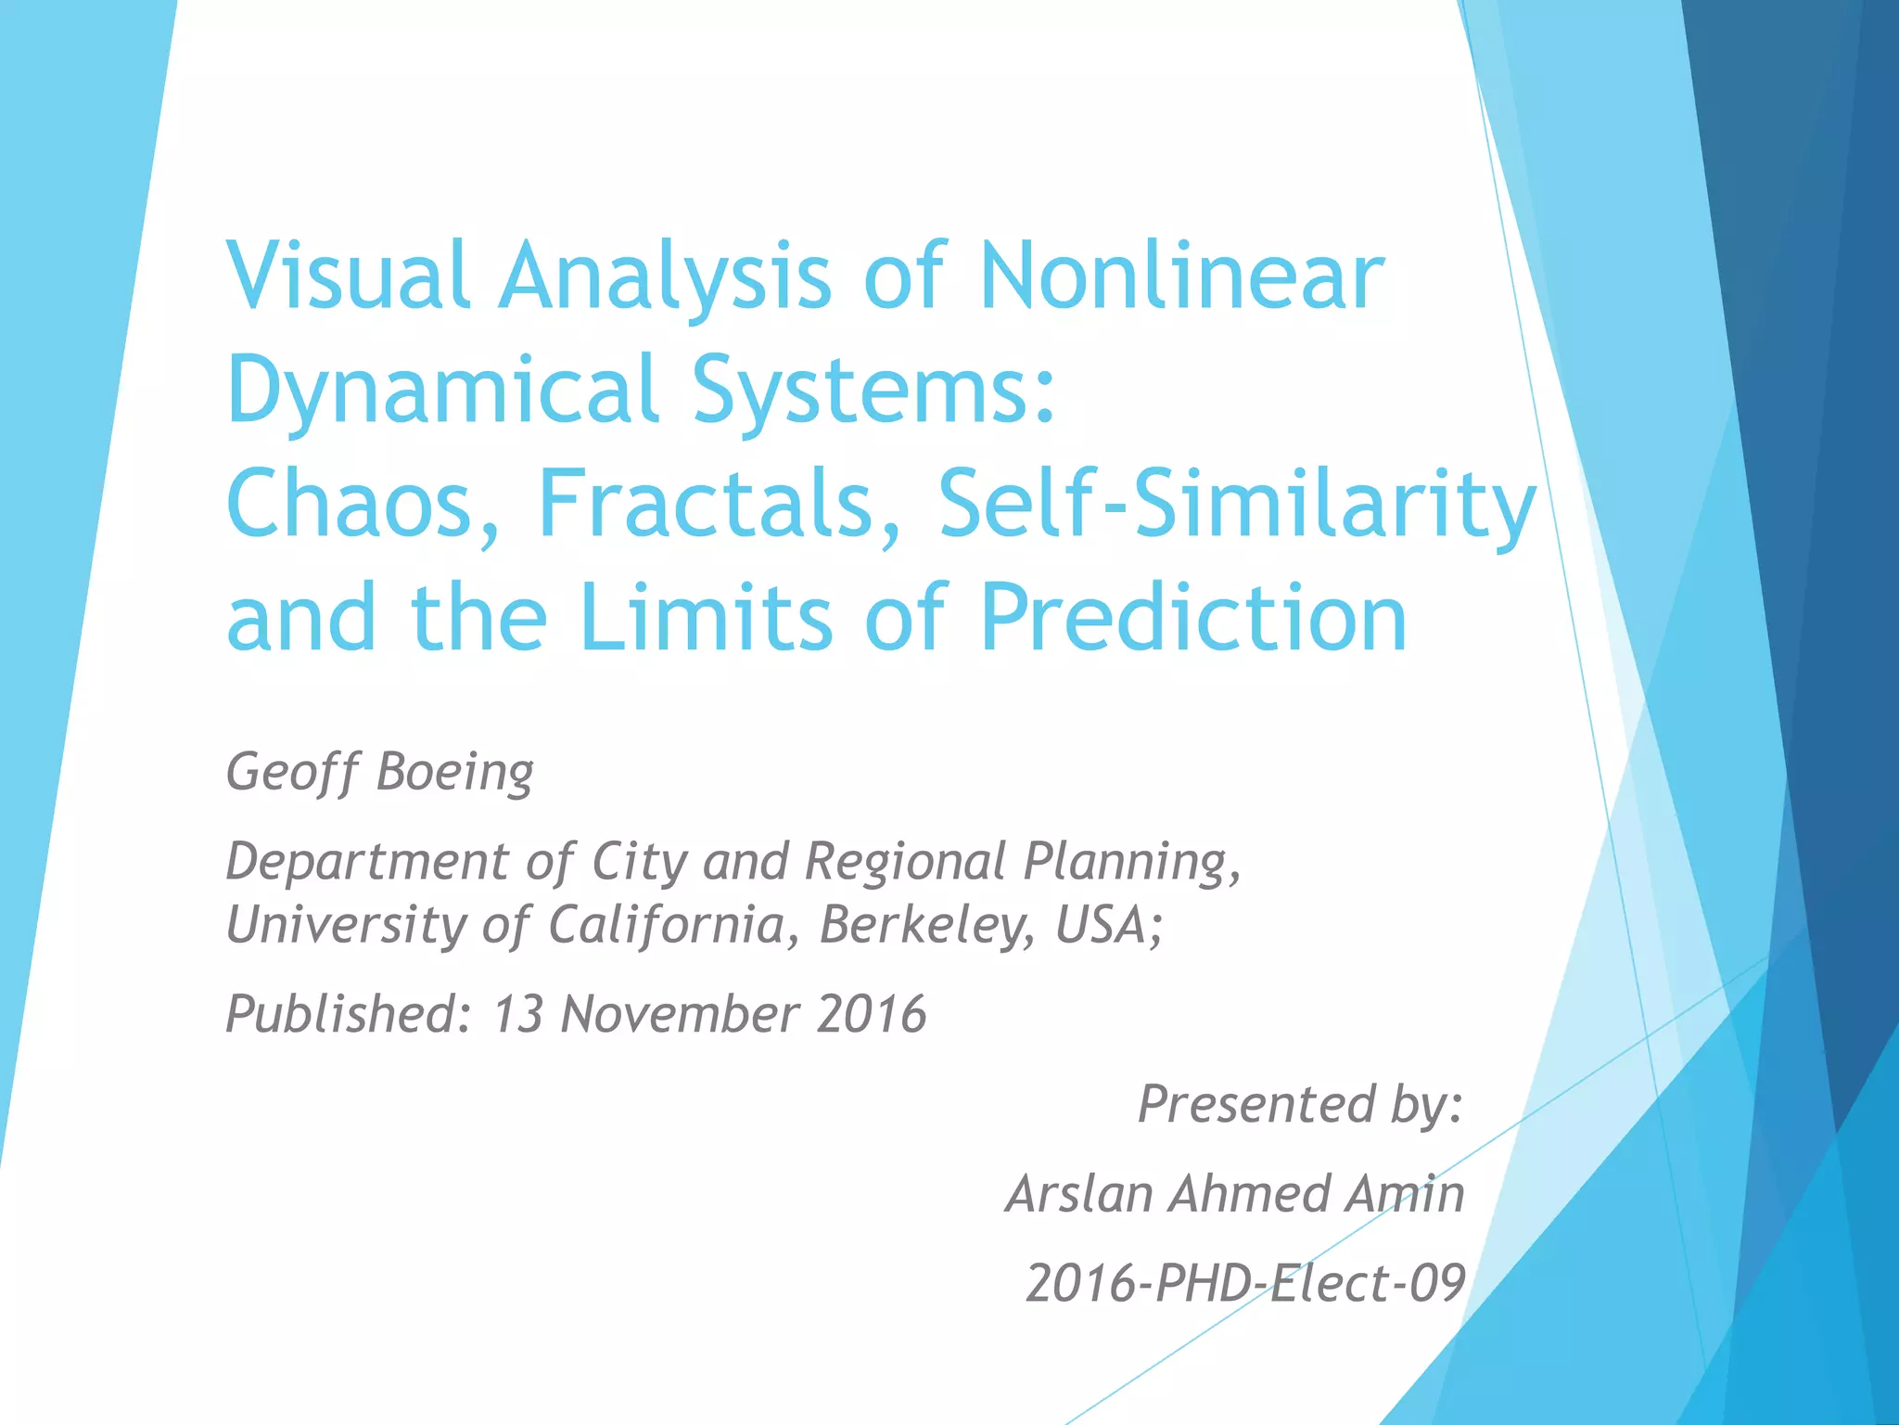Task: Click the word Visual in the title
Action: pyautogui.click(x=348, y=276)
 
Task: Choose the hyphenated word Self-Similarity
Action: pyautogui.click(x=1237, y=504)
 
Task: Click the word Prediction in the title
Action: pyautogui.click(x=1193, y=618)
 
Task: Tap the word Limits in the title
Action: pyautogui.click(x=707, y=618)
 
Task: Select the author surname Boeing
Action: pyautogui.click(x=455, y=773)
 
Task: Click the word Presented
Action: pyautogui.click(x=1257, y=1104)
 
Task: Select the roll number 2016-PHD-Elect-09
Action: pyautogui.click(x=1245, y=1284)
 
